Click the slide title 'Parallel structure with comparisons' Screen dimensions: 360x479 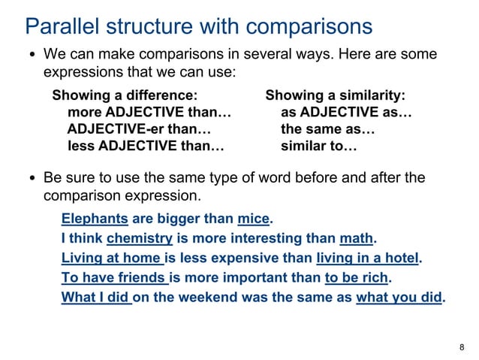(x=199, y=26)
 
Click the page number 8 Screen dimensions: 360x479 (x=461, y=346)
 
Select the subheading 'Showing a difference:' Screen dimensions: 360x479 (x=125, y=96)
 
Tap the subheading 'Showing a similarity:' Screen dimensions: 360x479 (x=336, y=96)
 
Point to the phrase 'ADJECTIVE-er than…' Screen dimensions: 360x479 (x=140, y=129)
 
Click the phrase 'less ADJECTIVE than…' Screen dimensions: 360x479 (x=146, y=146)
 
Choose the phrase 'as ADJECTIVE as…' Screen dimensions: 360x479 (x=347, y=113)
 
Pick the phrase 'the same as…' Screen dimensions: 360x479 (x=328, y=129)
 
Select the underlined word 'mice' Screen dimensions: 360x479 (x=253, y=219)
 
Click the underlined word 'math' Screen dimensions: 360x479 (x=356, y=239)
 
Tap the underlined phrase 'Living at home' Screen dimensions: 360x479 (x=112, y=259)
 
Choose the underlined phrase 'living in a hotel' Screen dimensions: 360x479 (x=367, y=259)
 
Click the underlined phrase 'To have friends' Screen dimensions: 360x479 (x=114, y=278)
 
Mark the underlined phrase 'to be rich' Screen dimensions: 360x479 (x=357, y=278)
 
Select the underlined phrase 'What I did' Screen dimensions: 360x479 (x=96, y=298)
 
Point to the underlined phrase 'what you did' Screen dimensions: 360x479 (x=399, y=298)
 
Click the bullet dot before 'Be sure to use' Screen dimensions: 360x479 (x=33, y=180)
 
